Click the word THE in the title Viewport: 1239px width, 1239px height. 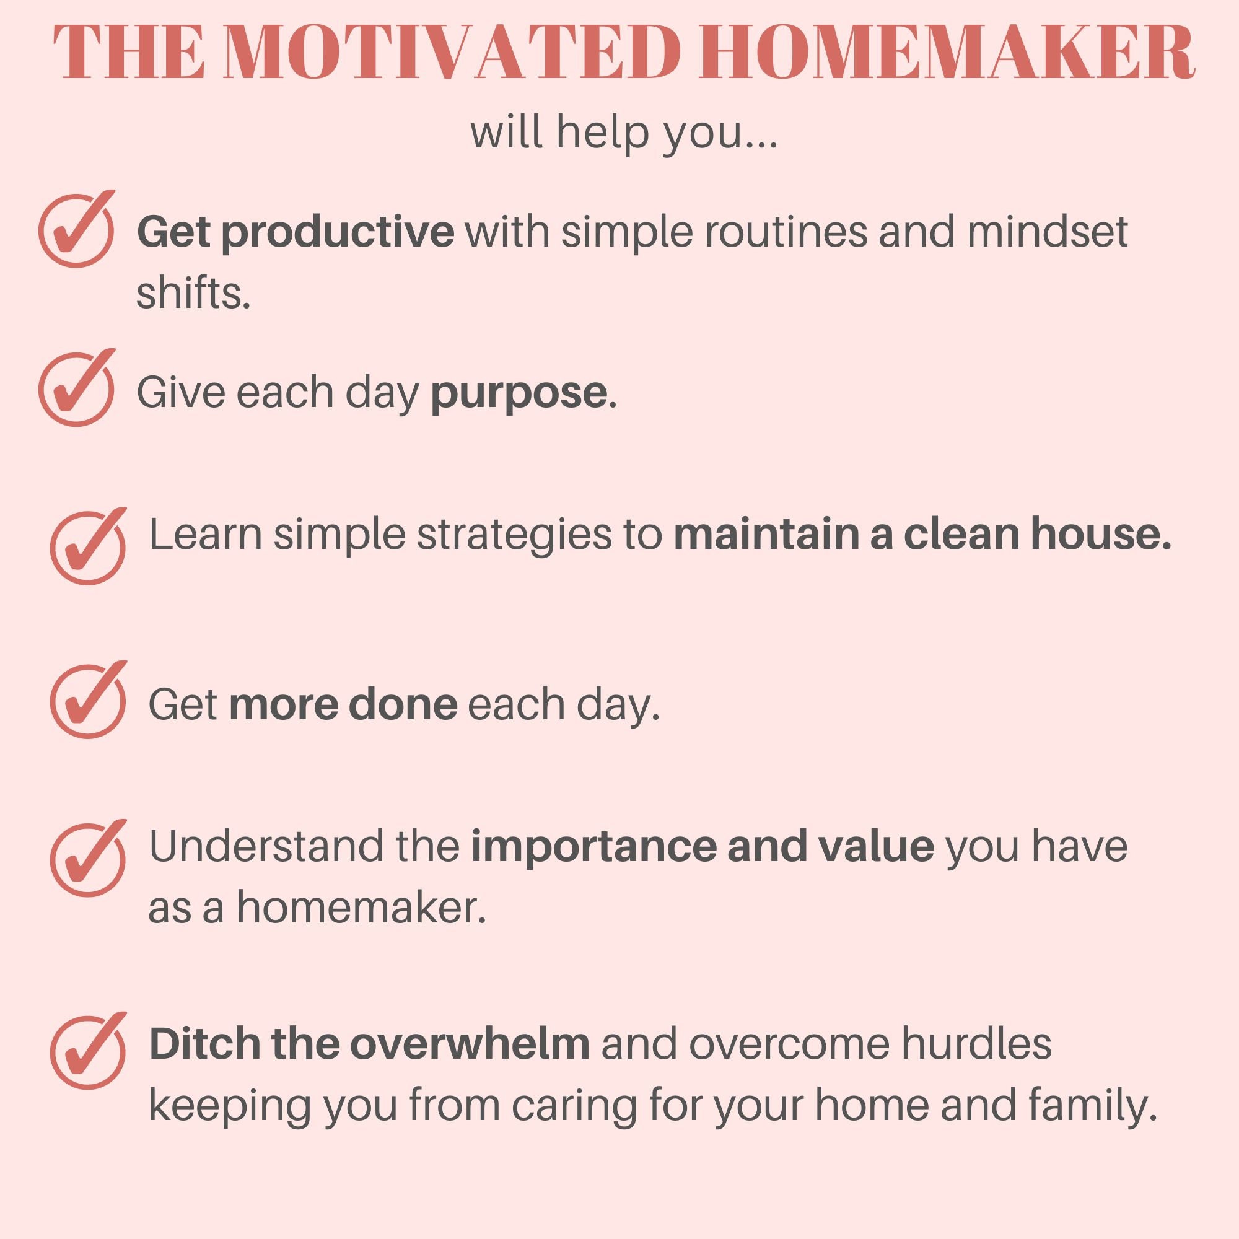click(128, 53)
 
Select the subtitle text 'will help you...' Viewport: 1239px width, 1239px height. click(624, 133)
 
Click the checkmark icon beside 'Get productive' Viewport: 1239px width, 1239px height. click(77, 229)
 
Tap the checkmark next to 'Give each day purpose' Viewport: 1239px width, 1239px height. click(77, 388)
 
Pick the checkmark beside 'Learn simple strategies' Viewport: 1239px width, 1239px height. click(89, 546)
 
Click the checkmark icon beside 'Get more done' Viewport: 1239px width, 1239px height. click(89, 700)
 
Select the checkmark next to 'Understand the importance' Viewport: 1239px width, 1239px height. click(89, 858)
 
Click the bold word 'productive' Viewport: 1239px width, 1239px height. click(338, 232)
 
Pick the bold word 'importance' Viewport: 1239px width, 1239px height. click(593, 846)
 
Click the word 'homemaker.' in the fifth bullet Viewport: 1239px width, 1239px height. click(361, 908)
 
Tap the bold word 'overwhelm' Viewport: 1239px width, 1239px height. click(470, 1043)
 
